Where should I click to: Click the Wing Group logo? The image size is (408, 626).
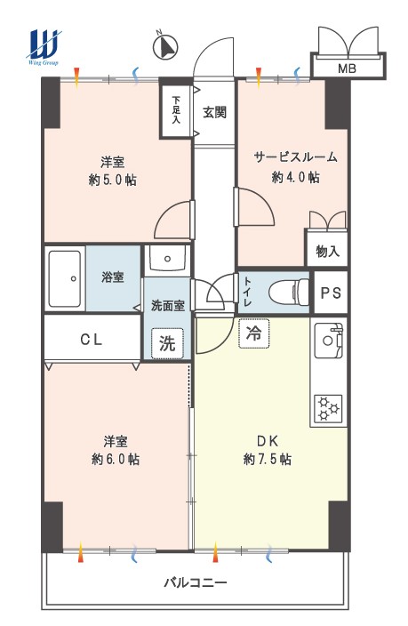[44, 47]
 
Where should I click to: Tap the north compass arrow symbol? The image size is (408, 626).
[165, 46]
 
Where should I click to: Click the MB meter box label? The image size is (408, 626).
[347, 68]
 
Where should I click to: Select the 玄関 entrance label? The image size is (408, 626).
[215, 112]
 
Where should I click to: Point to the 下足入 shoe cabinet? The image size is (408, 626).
[176, 109]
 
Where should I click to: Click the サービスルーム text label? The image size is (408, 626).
[295, 156]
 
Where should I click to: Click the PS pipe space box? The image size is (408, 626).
[331, 293]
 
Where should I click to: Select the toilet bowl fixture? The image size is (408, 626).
[289, 292]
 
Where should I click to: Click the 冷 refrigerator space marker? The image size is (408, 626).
[253, 333]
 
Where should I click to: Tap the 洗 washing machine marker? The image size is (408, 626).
[167, 343]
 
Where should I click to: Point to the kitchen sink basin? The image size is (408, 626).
[329, 341]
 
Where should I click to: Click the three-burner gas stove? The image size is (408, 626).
[328, 409]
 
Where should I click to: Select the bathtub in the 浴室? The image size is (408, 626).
[65, 278]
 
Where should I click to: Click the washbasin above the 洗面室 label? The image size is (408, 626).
[167, 259]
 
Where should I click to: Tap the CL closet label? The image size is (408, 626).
[91, 340]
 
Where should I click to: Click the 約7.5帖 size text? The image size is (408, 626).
[267, 459]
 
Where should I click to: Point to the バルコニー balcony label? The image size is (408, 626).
[196, 582]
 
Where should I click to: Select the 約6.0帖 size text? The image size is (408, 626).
[116, 459]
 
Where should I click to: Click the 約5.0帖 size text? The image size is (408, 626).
[113, 180]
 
